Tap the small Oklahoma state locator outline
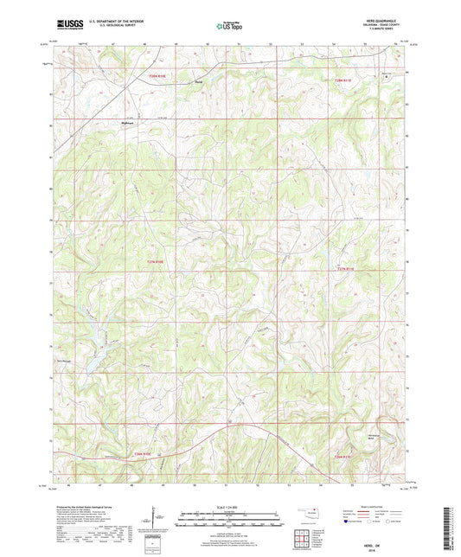point(308,511)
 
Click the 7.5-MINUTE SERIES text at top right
point(387,33)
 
